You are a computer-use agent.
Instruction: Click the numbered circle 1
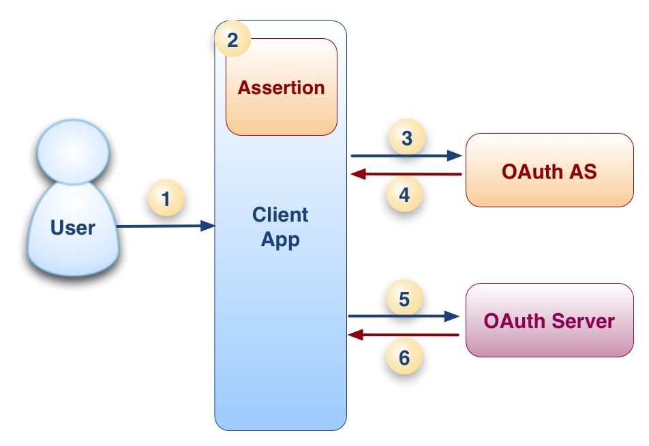[x=166, y=199]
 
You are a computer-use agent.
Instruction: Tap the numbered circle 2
[x=232, y=40]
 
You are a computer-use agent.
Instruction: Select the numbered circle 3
[x=407, y=138]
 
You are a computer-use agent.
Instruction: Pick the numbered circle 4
[x=405, y=195]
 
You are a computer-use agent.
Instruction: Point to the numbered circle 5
[x=404, y=299]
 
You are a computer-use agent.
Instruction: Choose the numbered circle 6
[x=404, y=358]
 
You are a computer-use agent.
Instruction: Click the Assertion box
[x=282, y=87]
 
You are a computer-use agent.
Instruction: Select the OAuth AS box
[x=549, y=170]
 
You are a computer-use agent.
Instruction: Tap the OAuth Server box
[x=549, y=321]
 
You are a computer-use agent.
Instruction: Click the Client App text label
[x=280, y=227]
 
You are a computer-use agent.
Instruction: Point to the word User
[x=73, y=228]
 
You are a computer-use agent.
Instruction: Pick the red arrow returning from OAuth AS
[x=406, y=175]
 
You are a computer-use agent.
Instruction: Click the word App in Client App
[x=280, y=240]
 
